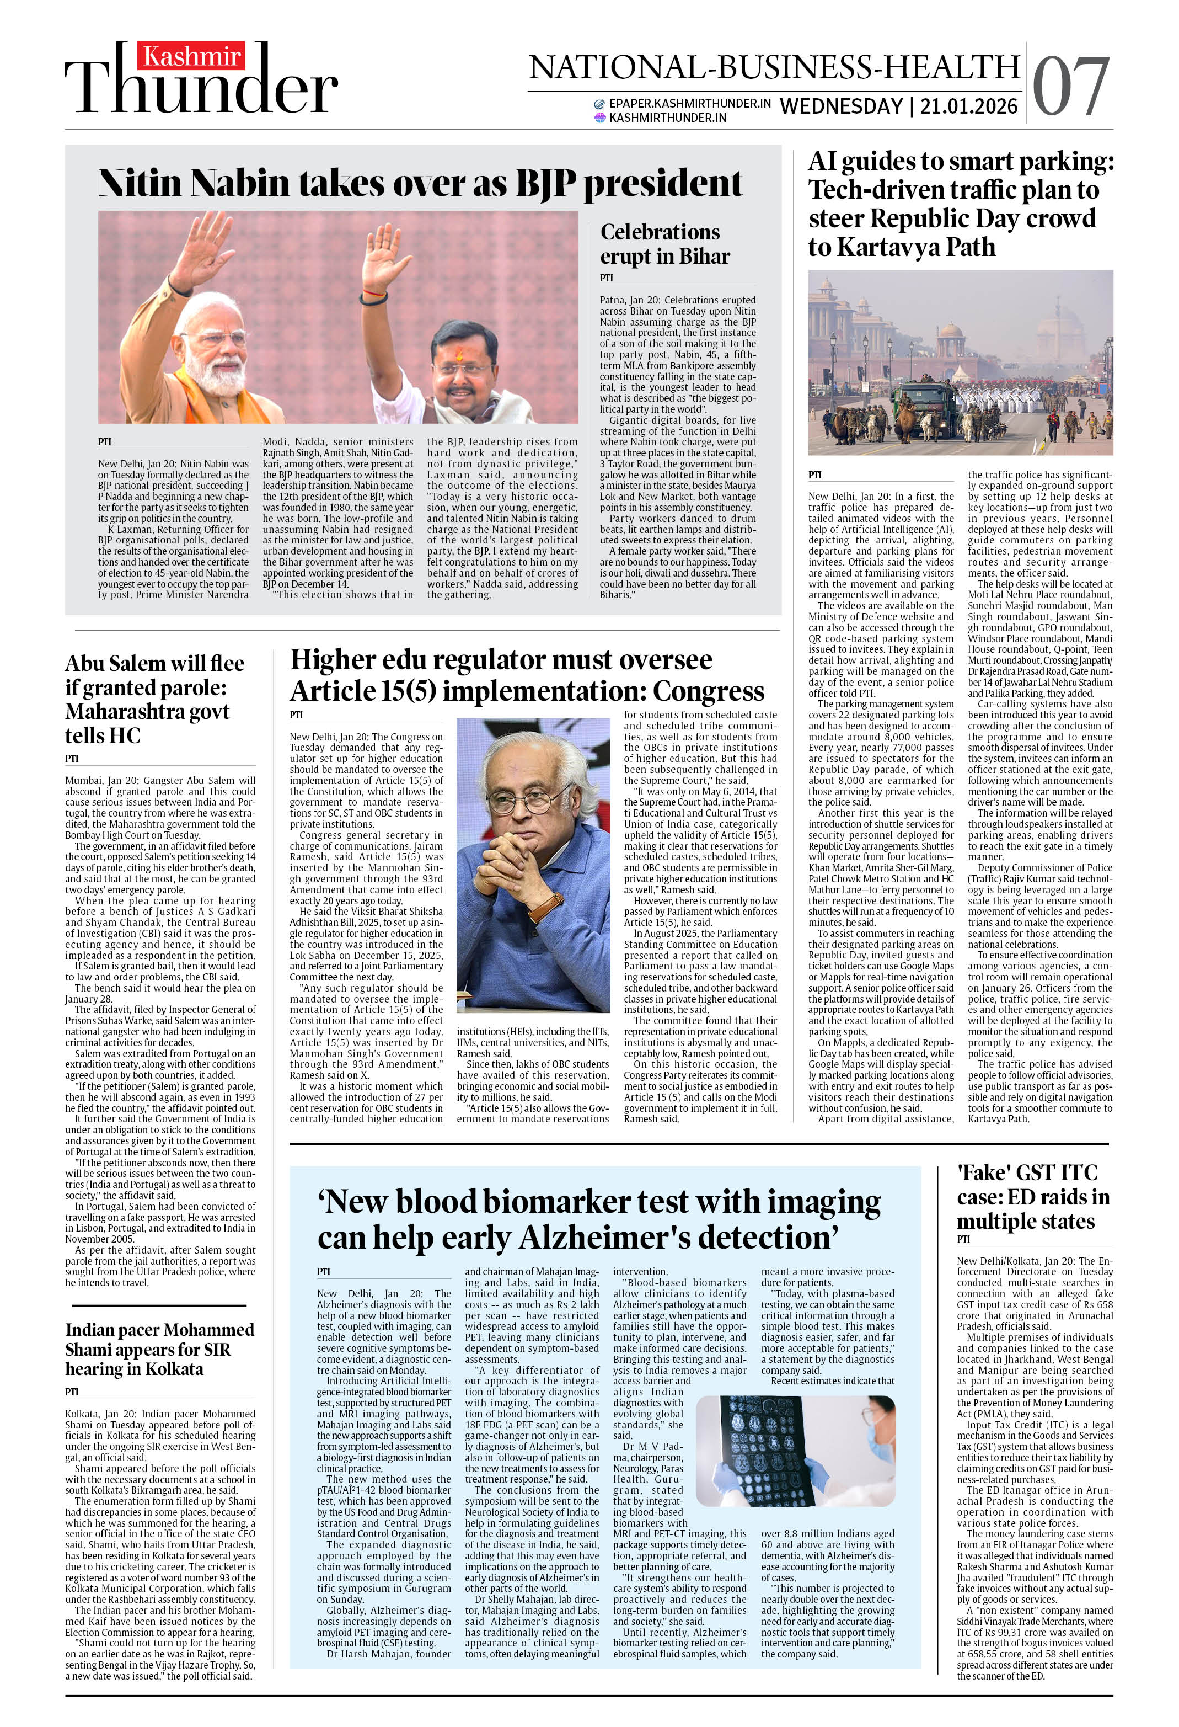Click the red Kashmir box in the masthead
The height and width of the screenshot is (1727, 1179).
pos(192,56)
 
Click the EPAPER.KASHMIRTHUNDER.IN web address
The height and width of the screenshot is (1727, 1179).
pos(689,103)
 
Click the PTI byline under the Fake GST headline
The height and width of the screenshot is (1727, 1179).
pos(963,1239)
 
